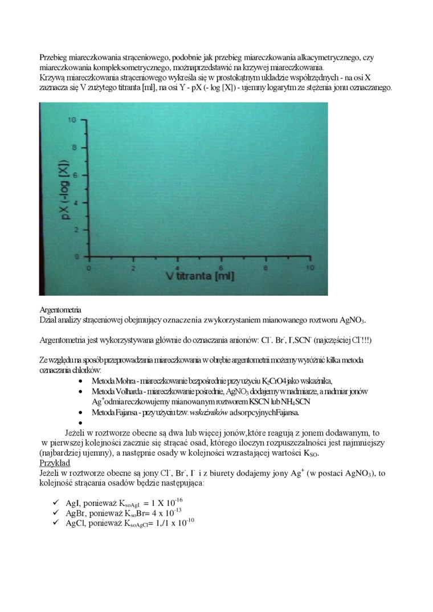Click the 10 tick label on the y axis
click(x=72, y=120)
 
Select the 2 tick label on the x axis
click(x=133, y=267)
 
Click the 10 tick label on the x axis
click(x=309, y=267)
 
